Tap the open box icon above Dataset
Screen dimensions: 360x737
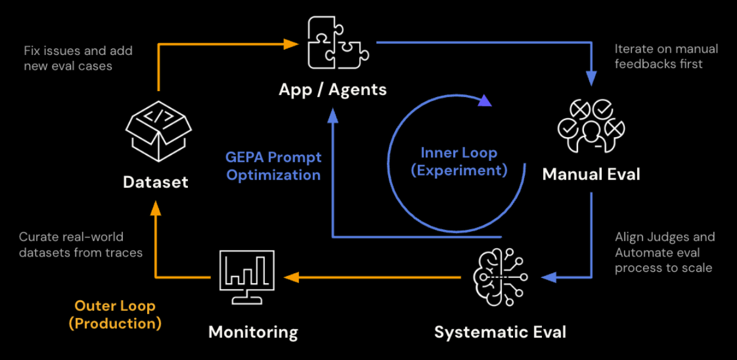(158, 130)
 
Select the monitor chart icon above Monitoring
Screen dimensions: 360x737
(246, 276)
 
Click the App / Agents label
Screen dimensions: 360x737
(333, 90)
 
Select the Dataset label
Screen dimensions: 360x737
(156, 182)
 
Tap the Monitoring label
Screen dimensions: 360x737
(253, 332)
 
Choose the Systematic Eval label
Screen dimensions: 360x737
(500, 332)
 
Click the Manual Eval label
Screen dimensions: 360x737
(591, 174)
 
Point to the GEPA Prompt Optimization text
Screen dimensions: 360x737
(274, 166)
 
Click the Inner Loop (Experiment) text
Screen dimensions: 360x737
(459, 161)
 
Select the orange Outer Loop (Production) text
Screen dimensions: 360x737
(115, 314)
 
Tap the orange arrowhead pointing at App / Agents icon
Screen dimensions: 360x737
(290, 43)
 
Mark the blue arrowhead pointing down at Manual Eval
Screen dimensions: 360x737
(592, 79)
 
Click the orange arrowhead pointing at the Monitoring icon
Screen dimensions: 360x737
(291, 277)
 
